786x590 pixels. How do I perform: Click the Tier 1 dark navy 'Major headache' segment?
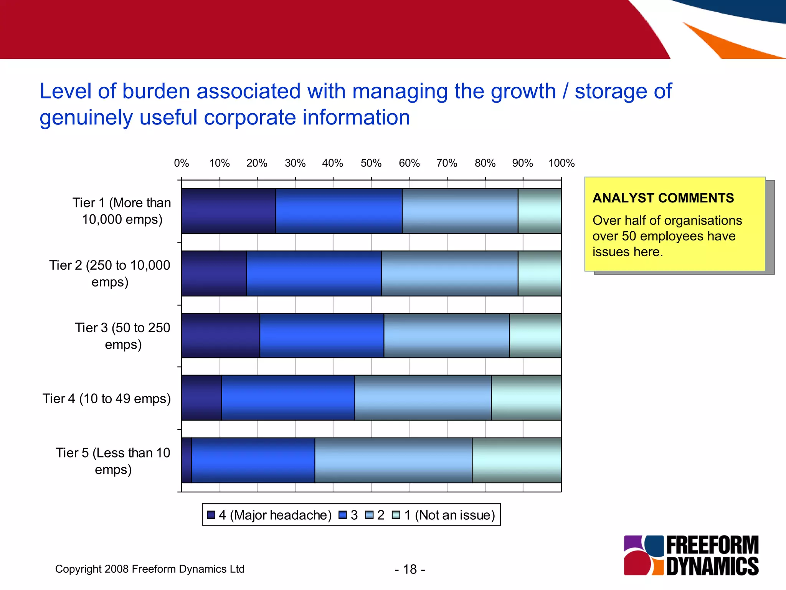pyautogui.click(x=228, y=211)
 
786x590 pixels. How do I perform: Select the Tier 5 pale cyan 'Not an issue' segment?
pyautogui.click(x=517, y=460)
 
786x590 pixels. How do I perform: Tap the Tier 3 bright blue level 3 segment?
pyautogui.click(x=322, y=336)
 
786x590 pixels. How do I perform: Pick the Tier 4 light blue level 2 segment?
pyautogui.click(x=423, y=398)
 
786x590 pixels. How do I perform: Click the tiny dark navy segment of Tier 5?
pyautogui.click(x=187, y=460)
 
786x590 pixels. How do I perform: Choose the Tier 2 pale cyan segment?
pyautogui.click(x=540, y=273)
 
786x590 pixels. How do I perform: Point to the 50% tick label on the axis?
pyautogui.click(x=371, y=163)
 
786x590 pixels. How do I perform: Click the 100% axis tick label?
pyautogui.click(x=561, y=163)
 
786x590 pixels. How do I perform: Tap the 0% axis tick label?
pyautogui.click(x=182, y=163)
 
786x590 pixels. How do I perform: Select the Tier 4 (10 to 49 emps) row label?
pyautogui.click(x=106, y=399)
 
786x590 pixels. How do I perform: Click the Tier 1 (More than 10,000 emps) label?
pyautogui.click(x=122, y=211)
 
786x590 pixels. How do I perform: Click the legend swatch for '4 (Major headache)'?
pyautogui.click(x=211, y=515)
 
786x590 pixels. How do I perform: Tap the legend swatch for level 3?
pyautogui.click(x=343, y=515)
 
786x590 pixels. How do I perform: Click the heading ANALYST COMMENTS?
pyautogui.click(x=663, y=198)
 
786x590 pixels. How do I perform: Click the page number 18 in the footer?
pyautogui.click(x=410, y=569)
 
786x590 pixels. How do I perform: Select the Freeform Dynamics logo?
pyautogui.click(x=691, y=555)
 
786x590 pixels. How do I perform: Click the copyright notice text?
pyautogui.click(x=150, y=569)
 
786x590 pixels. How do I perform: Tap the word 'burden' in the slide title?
pyautogui.click(x=156, y=91)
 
